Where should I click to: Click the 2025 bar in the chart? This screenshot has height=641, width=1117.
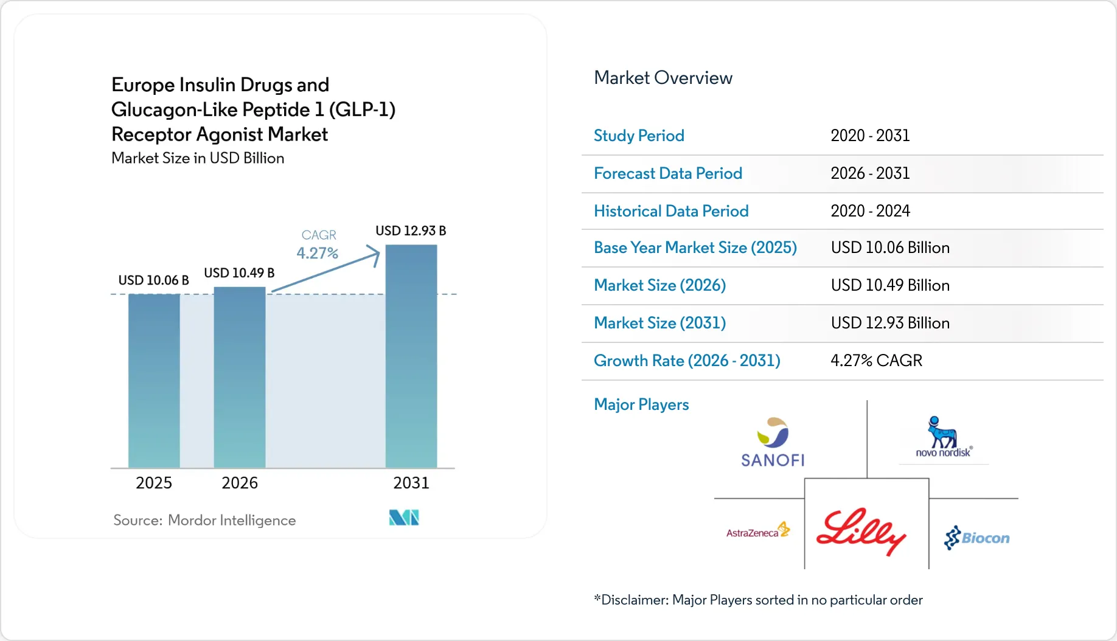click(x=154, y=381)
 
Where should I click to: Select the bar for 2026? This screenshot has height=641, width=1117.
click(x=240, y=377)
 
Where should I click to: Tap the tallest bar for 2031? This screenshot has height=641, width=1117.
click(x=411, y=356)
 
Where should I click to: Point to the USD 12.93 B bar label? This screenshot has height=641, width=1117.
click(x=411, y=231)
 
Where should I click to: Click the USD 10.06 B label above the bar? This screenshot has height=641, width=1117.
click(x=153, y=280)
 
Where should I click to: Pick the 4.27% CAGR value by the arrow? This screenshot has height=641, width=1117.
click(x=317, y=253)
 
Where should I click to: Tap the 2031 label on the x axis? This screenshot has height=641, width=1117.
click(x=411, y=483)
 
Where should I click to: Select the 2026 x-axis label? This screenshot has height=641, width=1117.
click(x=240, y=483)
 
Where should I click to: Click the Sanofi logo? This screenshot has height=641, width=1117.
click(x=773, y=442)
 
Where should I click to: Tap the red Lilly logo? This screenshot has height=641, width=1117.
click(x=861, y=531)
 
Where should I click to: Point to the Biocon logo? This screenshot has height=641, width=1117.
click(x=976, y=538)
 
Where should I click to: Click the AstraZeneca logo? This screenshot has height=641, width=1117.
click(x=758, y=531)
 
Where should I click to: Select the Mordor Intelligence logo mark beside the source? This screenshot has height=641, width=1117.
click(x=404, y=518)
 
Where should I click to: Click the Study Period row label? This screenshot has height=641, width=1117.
click(x=639, y=136)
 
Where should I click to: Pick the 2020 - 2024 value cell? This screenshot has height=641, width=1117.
click(x=870, y=211)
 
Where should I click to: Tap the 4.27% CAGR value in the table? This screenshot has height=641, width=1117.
click(x=876, y=361)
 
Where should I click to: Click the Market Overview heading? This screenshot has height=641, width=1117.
click(x=663, y=78)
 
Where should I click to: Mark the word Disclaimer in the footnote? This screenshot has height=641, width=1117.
click(x=635, y=600)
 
